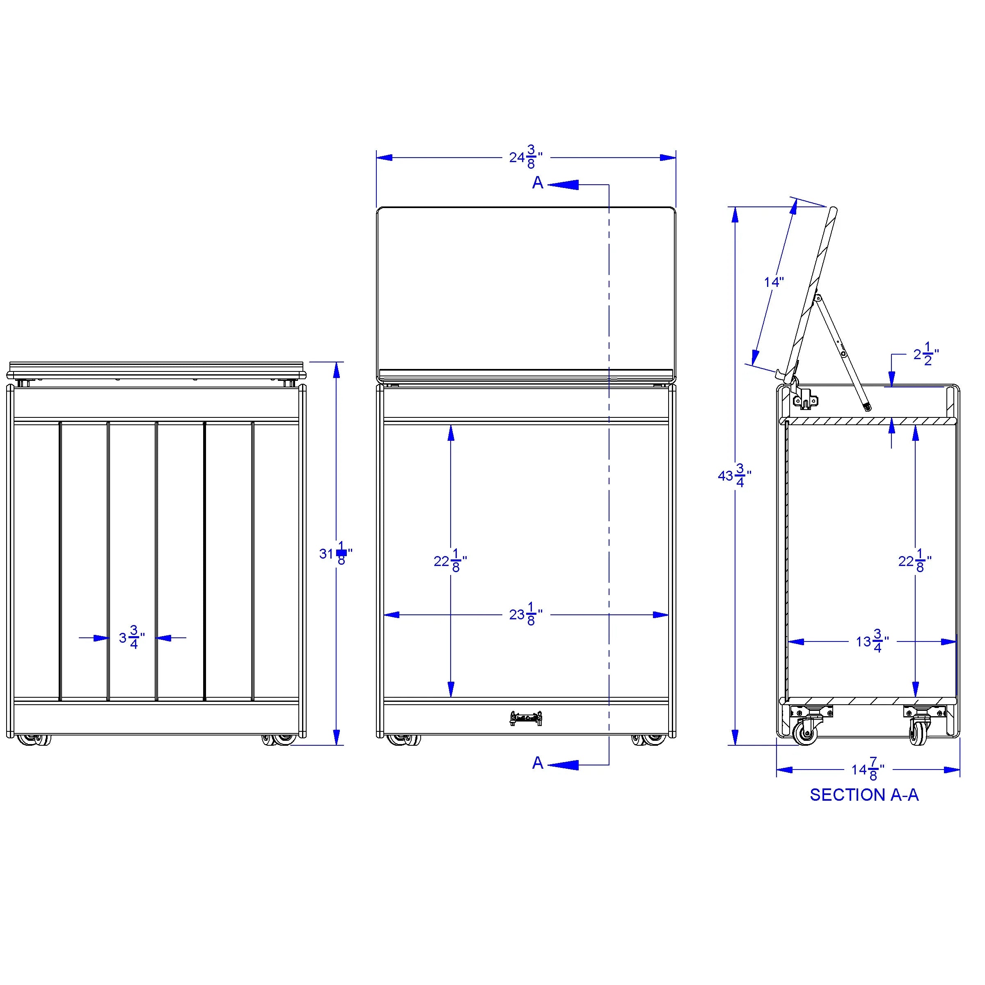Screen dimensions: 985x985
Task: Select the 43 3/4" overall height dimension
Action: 735,475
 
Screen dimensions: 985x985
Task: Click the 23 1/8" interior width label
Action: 526,614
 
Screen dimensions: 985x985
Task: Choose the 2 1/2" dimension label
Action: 926,354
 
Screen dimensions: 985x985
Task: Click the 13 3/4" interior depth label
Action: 872,641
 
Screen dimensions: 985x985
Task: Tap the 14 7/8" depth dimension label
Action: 868,769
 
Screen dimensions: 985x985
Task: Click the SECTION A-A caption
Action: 864,795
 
